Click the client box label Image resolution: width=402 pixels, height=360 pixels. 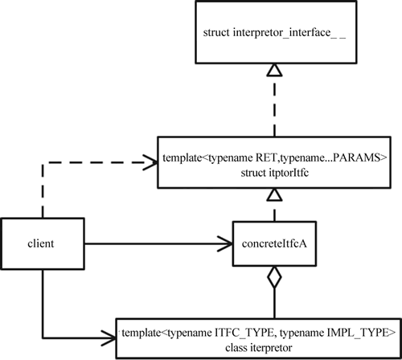click(41, 243)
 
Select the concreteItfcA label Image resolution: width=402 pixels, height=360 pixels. click(274, 243)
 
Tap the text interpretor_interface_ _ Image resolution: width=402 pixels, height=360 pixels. click(289, 33)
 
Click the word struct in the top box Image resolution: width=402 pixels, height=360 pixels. click(216, 33)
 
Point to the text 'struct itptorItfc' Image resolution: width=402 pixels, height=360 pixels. click(275, 173)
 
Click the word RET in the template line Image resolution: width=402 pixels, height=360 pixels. click(265, 157)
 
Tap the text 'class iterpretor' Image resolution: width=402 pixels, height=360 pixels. click(259, 348)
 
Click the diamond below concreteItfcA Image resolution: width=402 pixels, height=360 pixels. click(274, 277)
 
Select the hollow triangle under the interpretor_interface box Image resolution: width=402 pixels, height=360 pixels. click(274, 70)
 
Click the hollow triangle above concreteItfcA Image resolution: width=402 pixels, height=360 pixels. click(274, 194)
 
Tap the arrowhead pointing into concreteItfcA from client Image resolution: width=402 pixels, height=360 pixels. click(225, 243)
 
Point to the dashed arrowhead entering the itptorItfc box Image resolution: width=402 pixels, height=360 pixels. click(150, 162)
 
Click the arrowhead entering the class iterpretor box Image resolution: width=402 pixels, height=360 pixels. click(109, 337)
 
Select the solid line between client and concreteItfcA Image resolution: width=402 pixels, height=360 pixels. click(158, 243)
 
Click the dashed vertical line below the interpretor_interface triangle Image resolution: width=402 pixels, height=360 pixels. click(274, 107)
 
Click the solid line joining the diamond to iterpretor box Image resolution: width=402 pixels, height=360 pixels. click(274, 303)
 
